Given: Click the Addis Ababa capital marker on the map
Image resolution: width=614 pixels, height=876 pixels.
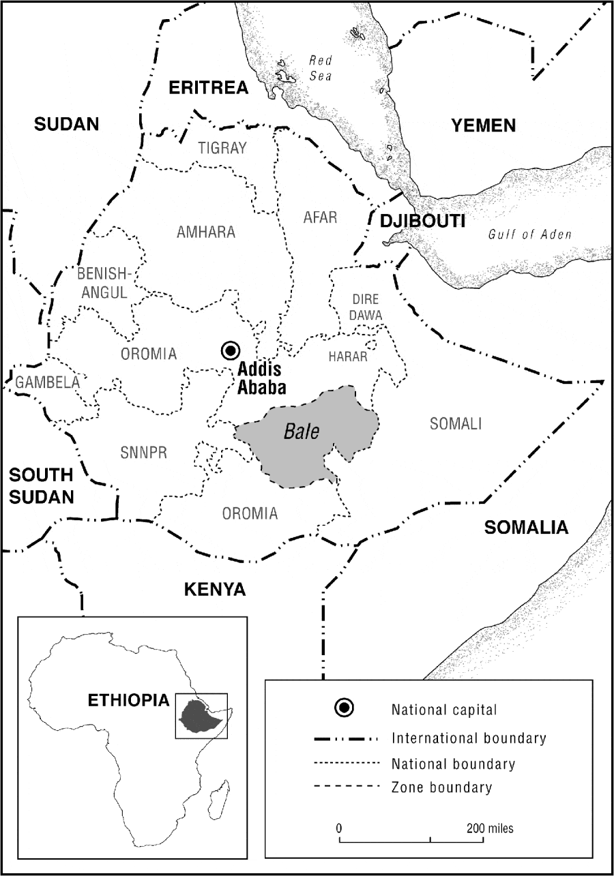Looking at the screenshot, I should (230, 350).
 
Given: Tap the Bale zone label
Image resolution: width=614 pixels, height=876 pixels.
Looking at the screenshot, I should (302, 432).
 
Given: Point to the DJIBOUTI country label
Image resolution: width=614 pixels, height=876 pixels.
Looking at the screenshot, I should (423, 221).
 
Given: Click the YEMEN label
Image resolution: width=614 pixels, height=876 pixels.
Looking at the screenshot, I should (483, 125).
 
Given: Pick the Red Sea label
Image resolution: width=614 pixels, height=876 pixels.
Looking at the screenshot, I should (319, 68).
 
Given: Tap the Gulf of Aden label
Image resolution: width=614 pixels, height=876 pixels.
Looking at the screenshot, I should (529, 235).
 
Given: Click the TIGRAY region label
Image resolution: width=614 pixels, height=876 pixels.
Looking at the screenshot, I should (222, 148).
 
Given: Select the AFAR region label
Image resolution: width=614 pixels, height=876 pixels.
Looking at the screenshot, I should (320, 217).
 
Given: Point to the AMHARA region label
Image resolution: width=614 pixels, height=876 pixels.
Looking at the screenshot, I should (206, 232).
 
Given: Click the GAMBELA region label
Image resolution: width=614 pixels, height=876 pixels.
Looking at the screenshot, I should (48, 382).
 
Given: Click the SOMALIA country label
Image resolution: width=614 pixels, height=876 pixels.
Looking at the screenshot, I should (525, 527).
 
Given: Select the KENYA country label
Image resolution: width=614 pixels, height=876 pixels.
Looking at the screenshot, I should (214, 589).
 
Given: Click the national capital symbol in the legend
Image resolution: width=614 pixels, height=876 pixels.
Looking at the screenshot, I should (345, 708).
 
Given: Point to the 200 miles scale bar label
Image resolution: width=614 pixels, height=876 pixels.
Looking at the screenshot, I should (490, 829).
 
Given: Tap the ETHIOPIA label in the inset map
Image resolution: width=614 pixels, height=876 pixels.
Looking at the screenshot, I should (128, 700).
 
